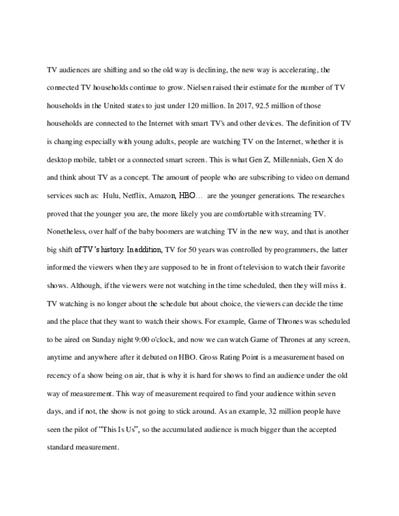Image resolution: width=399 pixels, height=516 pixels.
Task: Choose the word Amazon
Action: tap(163, 196)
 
